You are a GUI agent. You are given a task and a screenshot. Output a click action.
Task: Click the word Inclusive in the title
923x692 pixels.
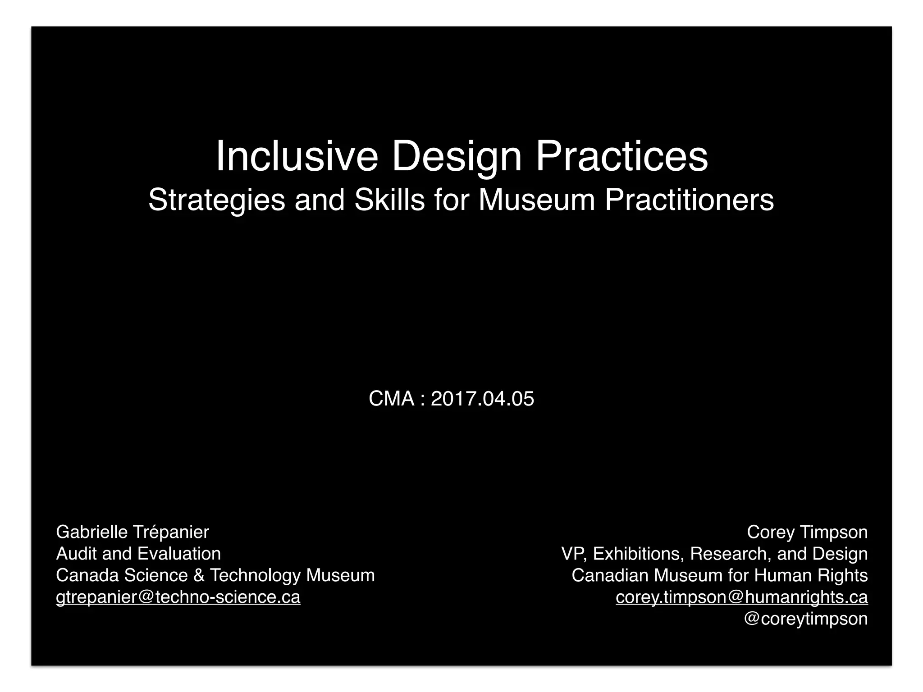(297, 156)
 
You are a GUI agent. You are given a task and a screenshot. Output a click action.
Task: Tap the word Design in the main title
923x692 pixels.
(457, 157)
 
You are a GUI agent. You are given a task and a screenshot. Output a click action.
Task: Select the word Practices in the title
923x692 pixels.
(621, 156)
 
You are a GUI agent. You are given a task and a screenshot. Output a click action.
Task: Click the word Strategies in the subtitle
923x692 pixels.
(216, 200)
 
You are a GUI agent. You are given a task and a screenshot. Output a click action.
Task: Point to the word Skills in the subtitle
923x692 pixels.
(389, 199)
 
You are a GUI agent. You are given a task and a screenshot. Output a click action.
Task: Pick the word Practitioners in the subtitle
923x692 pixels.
(689, 199)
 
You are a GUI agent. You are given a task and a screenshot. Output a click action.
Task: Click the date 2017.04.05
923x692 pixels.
(482, 399)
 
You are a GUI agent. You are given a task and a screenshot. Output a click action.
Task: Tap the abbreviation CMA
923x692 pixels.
(391, 399)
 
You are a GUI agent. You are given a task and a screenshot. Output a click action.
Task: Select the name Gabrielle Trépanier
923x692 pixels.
(133, 532)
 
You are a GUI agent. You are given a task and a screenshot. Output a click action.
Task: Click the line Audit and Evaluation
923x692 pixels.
(138, 554)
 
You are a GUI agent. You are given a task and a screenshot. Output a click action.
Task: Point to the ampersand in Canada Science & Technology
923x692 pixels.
(199, 575)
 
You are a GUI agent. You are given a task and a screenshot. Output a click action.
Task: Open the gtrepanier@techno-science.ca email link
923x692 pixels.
(178, 597)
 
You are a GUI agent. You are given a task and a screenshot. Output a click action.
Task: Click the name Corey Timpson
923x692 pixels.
(807, 532)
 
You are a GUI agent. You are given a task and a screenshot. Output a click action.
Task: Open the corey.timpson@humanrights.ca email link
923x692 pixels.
(741, 597)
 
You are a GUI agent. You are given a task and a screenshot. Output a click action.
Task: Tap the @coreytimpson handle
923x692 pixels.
(805, 619)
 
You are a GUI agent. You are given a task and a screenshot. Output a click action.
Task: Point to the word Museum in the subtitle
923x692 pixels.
(537, 199)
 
